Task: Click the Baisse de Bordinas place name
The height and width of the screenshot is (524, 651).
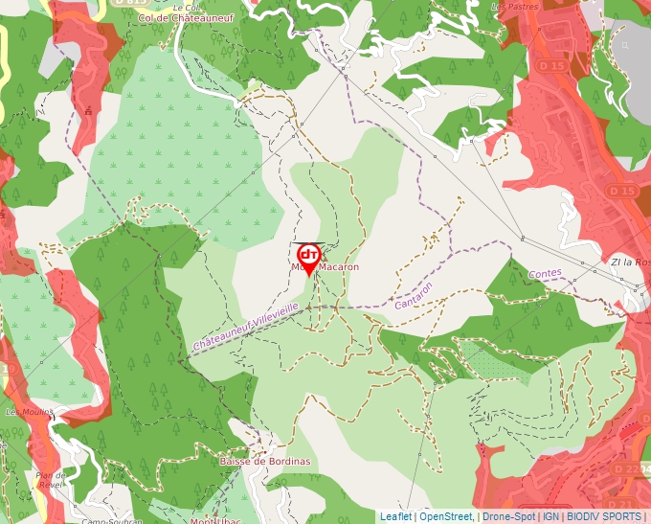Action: [265, 461]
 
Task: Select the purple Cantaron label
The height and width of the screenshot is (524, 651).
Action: [414, 296]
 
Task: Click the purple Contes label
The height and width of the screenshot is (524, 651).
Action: [545, 274]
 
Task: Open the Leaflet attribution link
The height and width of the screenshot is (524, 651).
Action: [395, 516]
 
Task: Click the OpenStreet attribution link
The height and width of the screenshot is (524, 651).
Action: [446, 516]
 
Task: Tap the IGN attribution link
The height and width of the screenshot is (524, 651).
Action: [551, 516]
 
